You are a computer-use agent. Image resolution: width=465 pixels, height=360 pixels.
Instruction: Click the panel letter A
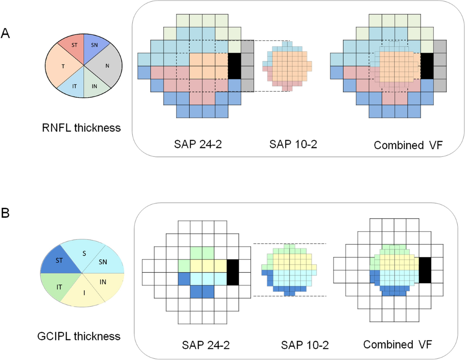(x=5, y=34)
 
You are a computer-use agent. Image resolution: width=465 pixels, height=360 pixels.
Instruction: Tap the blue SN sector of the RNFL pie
(x=95, y=44)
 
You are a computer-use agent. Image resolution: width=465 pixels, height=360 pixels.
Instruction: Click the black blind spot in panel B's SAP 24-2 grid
(x=232, y=272)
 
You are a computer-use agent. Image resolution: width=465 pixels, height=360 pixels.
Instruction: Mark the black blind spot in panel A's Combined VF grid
(x=427, y=66)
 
